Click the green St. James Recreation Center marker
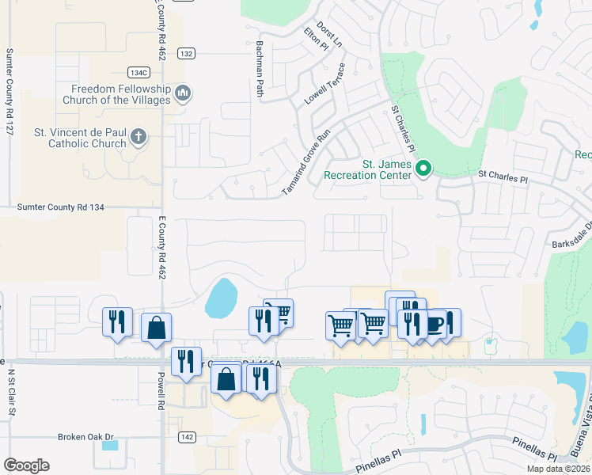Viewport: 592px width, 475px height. tap(423, 168)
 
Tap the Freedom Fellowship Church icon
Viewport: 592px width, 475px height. tap(183, 94)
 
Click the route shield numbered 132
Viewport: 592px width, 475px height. tap(186, 54)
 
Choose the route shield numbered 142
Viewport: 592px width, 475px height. tap(186, 436)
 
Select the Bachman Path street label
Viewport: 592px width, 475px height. tap(259, 70)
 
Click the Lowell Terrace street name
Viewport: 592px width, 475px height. tap(326, 87)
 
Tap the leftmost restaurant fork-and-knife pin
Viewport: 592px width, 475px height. tap(118, 321)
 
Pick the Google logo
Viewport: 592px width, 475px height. tap(26, 465)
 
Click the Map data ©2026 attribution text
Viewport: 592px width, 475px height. tap(559, 469)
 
